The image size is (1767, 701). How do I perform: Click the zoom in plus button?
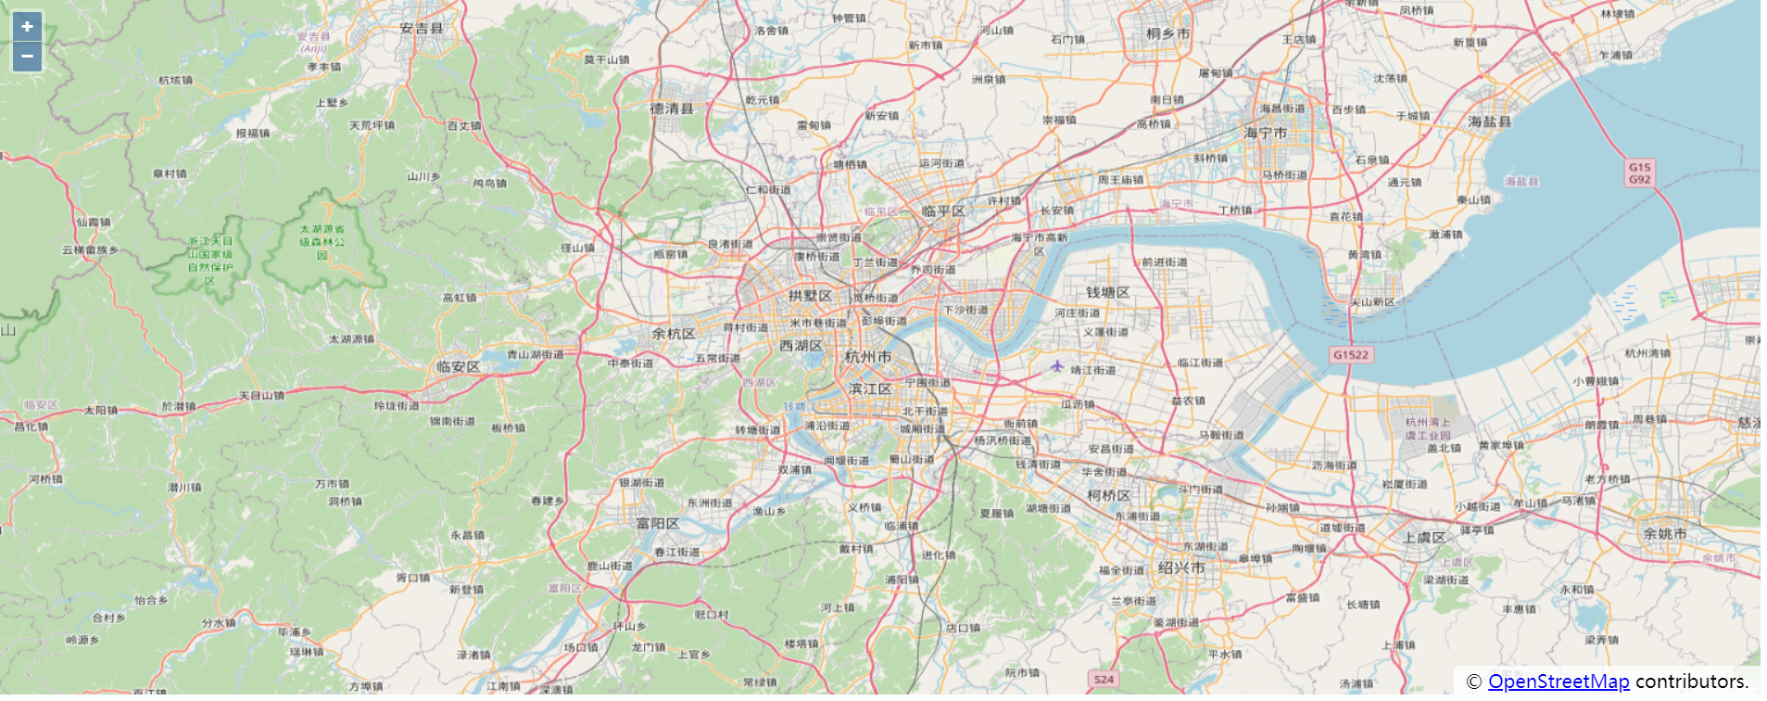coord(27,26)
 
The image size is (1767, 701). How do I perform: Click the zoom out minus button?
coord(27,57)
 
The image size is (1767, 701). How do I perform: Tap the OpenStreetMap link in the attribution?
coord(1558,682)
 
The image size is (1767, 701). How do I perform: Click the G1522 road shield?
coord(1350,355)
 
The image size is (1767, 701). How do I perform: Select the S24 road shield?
coord(1104,680)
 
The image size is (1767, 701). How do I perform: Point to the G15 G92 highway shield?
coord(1639,173)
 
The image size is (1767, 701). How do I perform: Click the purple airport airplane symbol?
coord(1056,366)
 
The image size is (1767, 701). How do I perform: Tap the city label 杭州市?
coord(868,357)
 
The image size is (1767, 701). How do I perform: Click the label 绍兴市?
coord(1181,567)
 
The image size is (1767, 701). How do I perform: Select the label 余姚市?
coord(1664,534)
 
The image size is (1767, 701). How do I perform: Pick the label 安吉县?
coord(422,29)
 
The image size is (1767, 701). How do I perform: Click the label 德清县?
coord(672,109)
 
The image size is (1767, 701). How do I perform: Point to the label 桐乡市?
coord(1167,33)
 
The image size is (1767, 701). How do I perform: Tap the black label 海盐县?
coord(1490,121)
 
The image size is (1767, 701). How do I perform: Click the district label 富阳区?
coord(658,524)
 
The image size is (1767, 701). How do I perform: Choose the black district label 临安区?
coord(459,367)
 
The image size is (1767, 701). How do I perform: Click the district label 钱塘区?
coord(1107,293)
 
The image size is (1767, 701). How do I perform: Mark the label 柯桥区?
coord(1108,496)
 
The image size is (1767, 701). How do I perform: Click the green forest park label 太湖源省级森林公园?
coord(322,241)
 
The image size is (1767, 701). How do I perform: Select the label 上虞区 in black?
coord(1424,538)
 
